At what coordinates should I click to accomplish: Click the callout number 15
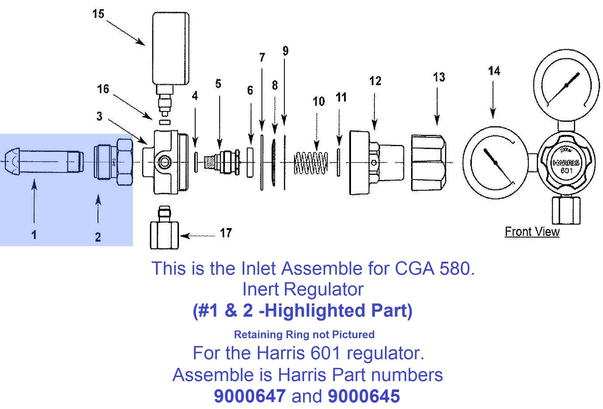pos(98,14)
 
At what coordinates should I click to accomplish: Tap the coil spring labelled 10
pos(311,163)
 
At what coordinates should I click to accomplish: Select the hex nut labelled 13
pos(428,163)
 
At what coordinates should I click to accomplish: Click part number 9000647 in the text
pos(249,396)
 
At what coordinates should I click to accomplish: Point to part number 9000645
pos(364,396)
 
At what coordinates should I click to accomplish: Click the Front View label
pos(532,232)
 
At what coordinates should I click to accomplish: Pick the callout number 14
pos(494,71)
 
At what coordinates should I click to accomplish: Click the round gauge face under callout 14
pos(495,163)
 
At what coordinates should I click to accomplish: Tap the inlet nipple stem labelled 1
pos(43,162)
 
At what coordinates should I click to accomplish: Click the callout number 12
pos(375,81)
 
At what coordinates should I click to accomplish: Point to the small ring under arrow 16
pos(165,122)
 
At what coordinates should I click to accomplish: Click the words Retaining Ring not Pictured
pos(304,335)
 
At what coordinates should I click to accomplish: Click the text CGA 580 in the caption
pos(434,269)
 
